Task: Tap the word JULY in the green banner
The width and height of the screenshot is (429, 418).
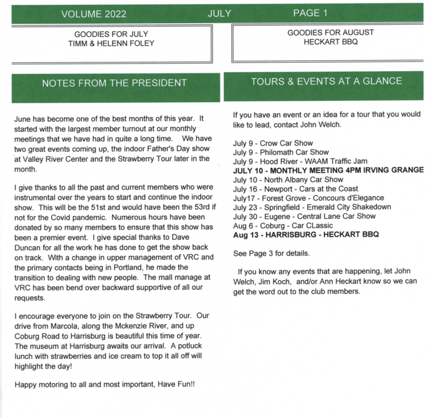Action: [219, 13]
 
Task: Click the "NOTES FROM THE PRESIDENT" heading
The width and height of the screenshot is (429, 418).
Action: [114, 83]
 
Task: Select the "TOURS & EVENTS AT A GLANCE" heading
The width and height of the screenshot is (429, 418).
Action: [326, 81]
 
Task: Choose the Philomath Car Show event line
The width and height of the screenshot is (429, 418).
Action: [280, 152]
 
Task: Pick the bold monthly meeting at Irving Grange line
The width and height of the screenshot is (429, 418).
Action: [328, 170]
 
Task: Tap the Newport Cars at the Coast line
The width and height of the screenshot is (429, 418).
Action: [295, 189]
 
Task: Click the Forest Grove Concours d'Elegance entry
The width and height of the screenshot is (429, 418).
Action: [308, 197]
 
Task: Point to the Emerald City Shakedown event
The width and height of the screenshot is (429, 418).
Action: [312, 207]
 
